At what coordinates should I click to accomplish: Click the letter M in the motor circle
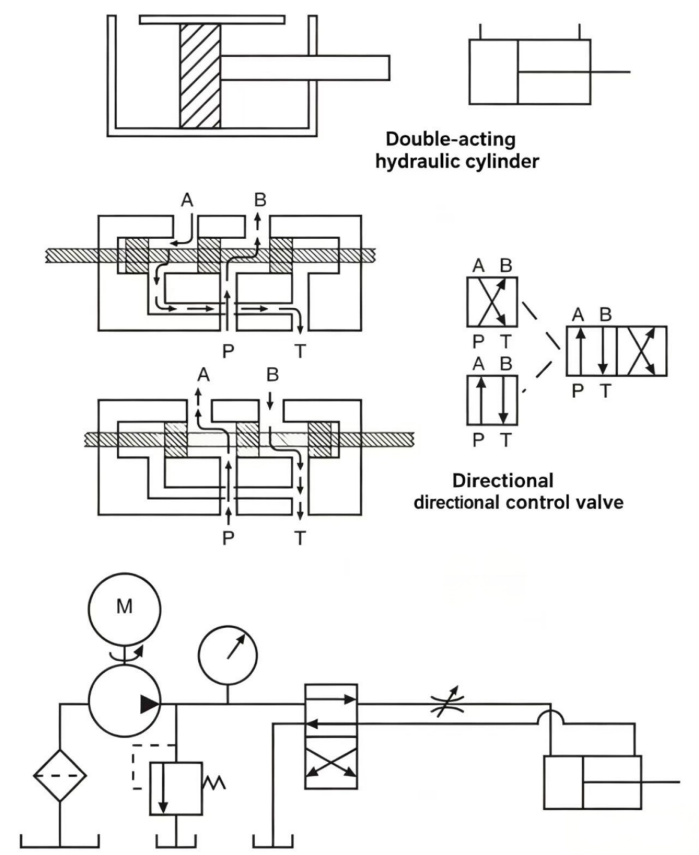click(124, 607)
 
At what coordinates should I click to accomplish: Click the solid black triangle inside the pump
click(150, 704)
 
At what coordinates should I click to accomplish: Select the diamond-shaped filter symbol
click(59, 775)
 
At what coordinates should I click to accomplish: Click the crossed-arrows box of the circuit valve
click(331, 763)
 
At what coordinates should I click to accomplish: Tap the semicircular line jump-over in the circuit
click(550, 718)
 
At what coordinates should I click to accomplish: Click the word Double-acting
click(450, 139)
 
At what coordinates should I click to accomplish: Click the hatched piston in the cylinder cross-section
click(200, 76)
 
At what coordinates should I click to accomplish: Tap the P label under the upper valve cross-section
click(228, 351)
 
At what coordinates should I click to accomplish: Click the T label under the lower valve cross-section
click(300, 538)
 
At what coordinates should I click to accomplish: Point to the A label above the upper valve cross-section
click(187, 200)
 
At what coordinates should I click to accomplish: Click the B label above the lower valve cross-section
click(273, 375)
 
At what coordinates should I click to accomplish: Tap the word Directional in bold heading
click(503, 480)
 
